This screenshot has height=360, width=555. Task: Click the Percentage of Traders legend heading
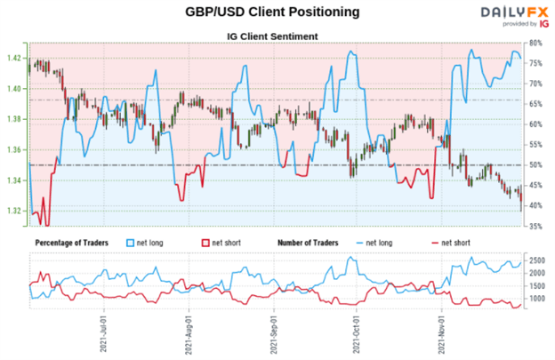click(77, 242)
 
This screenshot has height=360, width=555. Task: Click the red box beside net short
click(206, 242)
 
